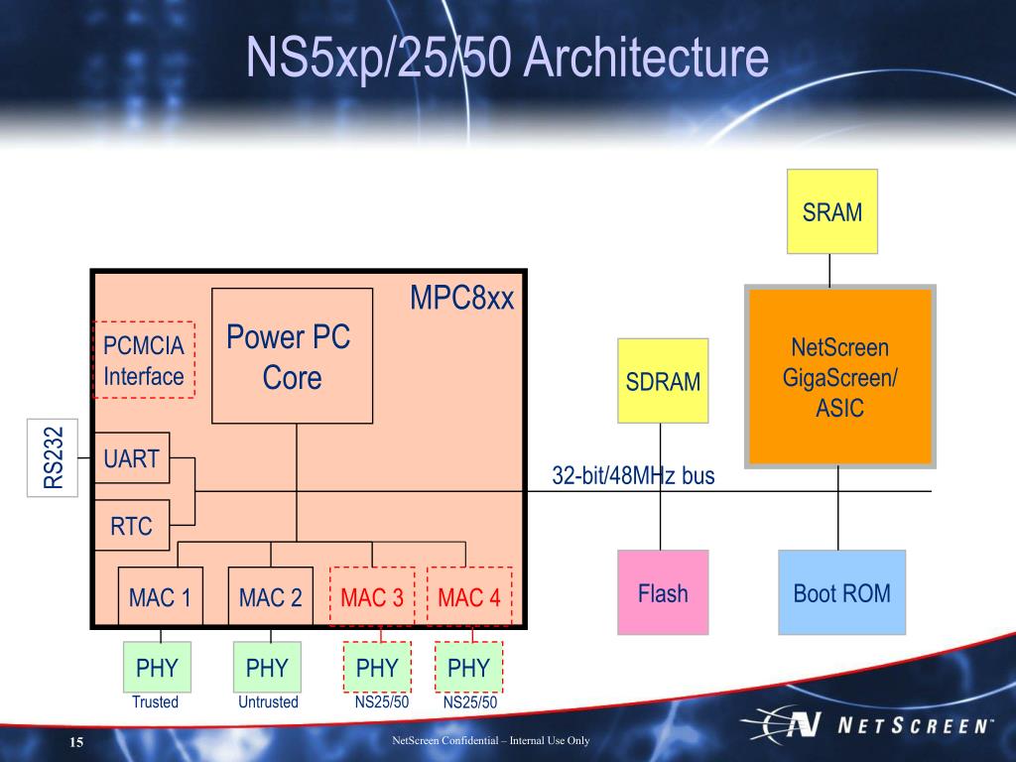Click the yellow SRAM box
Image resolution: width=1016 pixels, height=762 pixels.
832,211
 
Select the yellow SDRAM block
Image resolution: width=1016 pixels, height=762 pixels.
663,380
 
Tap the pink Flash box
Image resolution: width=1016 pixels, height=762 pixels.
663,592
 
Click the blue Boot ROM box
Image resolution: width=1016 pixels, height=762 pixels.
841,592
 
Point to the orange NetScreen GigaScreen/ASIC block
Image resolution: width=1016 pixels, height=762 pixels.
839,376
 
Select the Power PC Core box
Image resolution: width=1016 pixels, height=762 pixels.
293,356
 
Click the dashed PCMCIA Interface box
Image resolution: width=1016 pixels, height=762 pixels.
144,359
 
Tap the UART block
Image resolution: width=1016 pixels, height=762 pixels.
132,457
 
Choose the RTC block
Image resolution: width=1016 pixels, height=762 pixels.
132,525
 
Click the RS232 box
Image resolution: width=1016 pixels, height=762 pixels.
53,457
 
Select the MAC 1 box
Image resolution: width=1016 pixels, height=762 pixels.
160,596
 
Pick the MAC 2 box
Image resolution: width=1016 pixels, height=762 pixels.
270,596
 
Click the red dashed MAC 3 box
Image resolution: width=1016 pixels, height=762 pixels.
372,596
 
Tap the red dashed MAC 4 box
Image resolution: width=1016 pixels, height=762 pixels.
469,596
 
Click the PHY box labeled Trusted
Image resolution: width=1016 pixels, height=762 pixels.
157,667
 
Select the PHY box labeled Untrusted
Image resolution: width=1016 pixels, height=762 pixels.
267,667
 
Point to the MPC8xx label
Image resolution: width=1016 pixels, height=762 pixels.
461,298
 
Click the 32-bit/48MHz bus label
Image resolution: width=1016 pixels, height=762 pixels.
633,475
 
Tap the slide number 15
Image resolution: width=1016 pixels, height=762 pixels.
76,742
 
